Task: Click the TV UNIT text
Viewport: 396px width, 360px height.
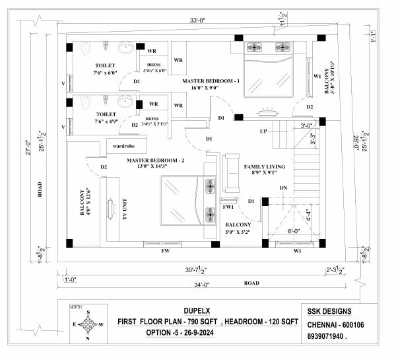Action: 123,211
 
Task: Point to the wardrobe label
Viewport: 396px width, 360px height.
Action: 124,145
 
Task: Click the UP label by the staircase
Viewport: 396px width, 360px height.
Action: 263,131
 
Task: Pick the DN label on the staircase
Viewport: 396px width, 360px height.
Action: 284,188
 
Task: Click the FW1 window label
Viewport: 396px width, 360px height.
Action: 229,207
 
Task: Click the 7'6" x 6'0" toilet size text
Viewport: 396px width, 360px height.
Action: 105,73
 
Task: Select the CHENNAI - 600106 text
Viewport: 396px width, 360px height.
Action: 338,324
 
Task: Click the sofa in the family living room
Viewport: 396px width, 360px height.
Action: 232,168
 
